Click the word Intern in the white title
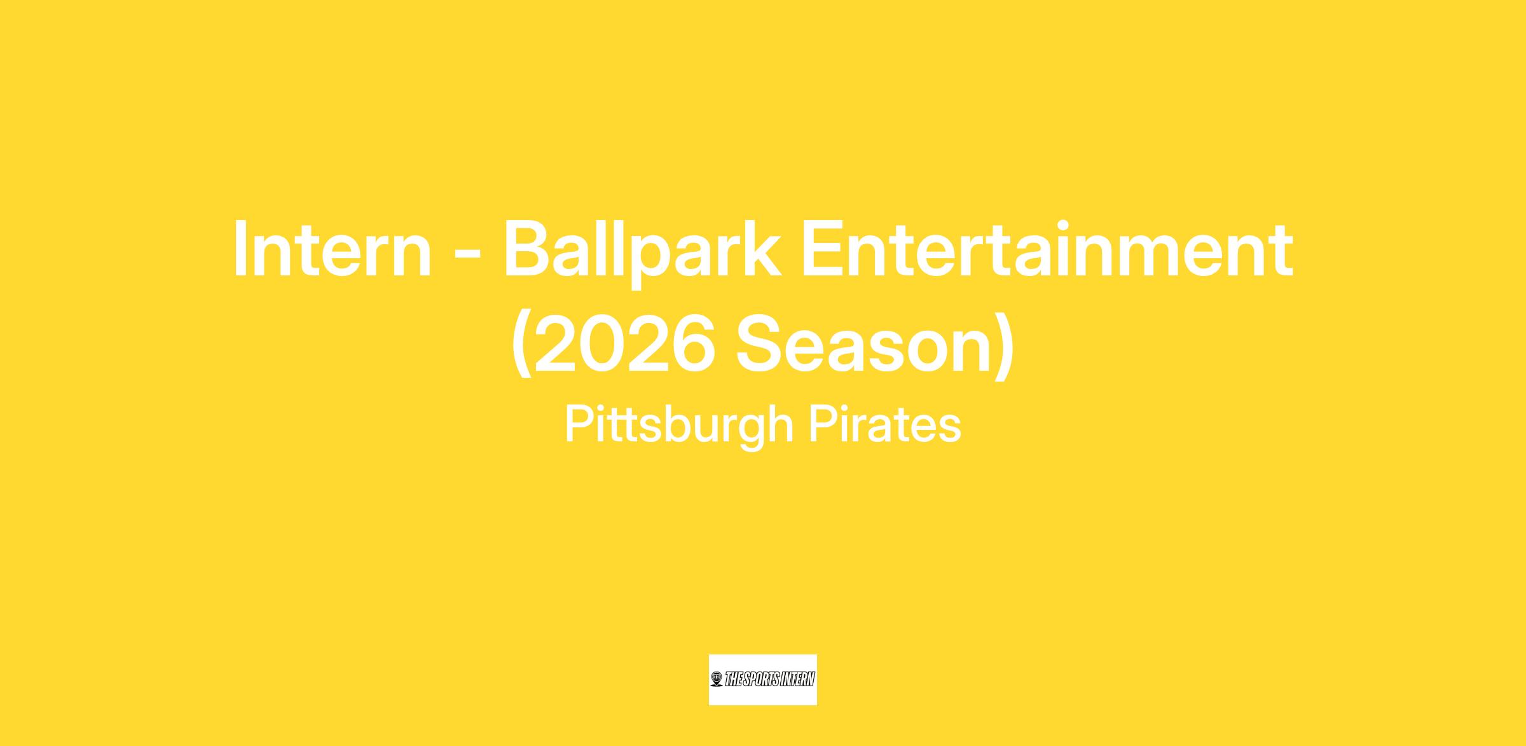tap(333, 249)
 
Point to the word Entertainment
tap(1047, 249)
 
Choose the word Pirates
tap(884, 424)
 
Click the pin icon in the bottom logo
tap(717, 679)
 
